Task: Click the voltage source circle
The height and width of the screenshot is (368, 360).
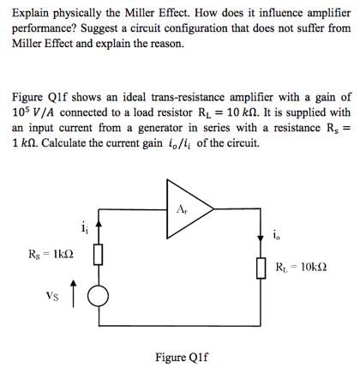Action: click(x=99, y=297)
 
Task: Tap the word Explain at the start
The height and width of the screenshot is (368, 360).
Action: click(x=33, y=12)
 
